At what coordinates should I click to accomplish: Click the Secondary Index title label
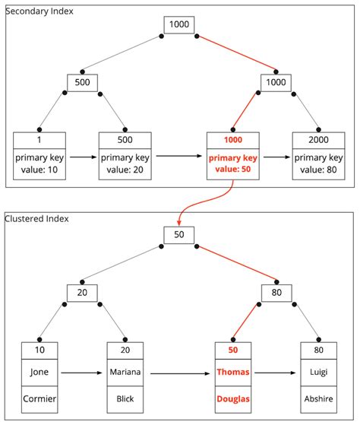coord(37,13)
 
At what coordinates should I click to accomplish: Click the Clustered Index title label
coord(36,219)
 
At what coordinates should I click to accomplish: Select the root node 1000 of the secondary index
coord(179,25)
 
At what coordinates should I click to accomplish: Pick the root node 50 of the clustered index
coord(179,234)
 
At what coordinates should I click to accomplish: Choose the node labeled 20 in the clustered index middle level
coord(81,293)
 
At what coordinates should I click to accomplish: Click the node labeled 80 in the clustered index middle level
coord(276,293)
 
